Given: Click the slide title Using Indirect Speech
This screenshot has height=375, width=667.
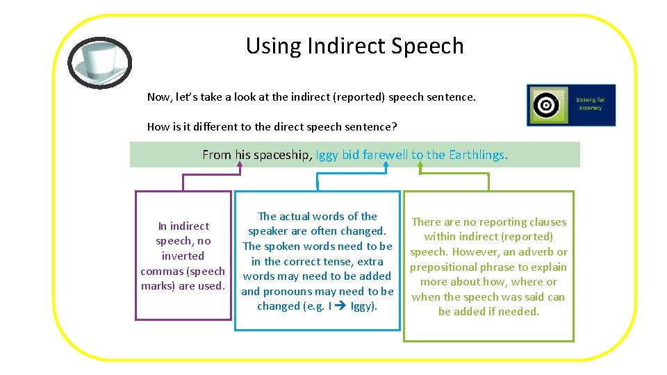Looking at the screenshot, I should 354,46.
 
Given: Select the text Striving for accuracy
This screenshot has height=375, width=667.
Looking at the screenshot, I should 590,104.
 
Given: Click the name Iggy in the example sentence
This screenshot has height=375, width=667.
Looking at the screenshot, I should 327,155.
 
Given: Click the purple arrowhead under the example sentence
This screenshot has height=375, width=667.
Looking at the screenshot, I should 239,166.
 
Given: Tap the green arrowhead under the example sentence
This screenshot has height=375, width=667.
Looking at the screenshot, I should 420,166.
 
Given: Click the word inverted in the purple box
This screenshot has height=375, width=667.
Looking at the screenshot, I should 183,256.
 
